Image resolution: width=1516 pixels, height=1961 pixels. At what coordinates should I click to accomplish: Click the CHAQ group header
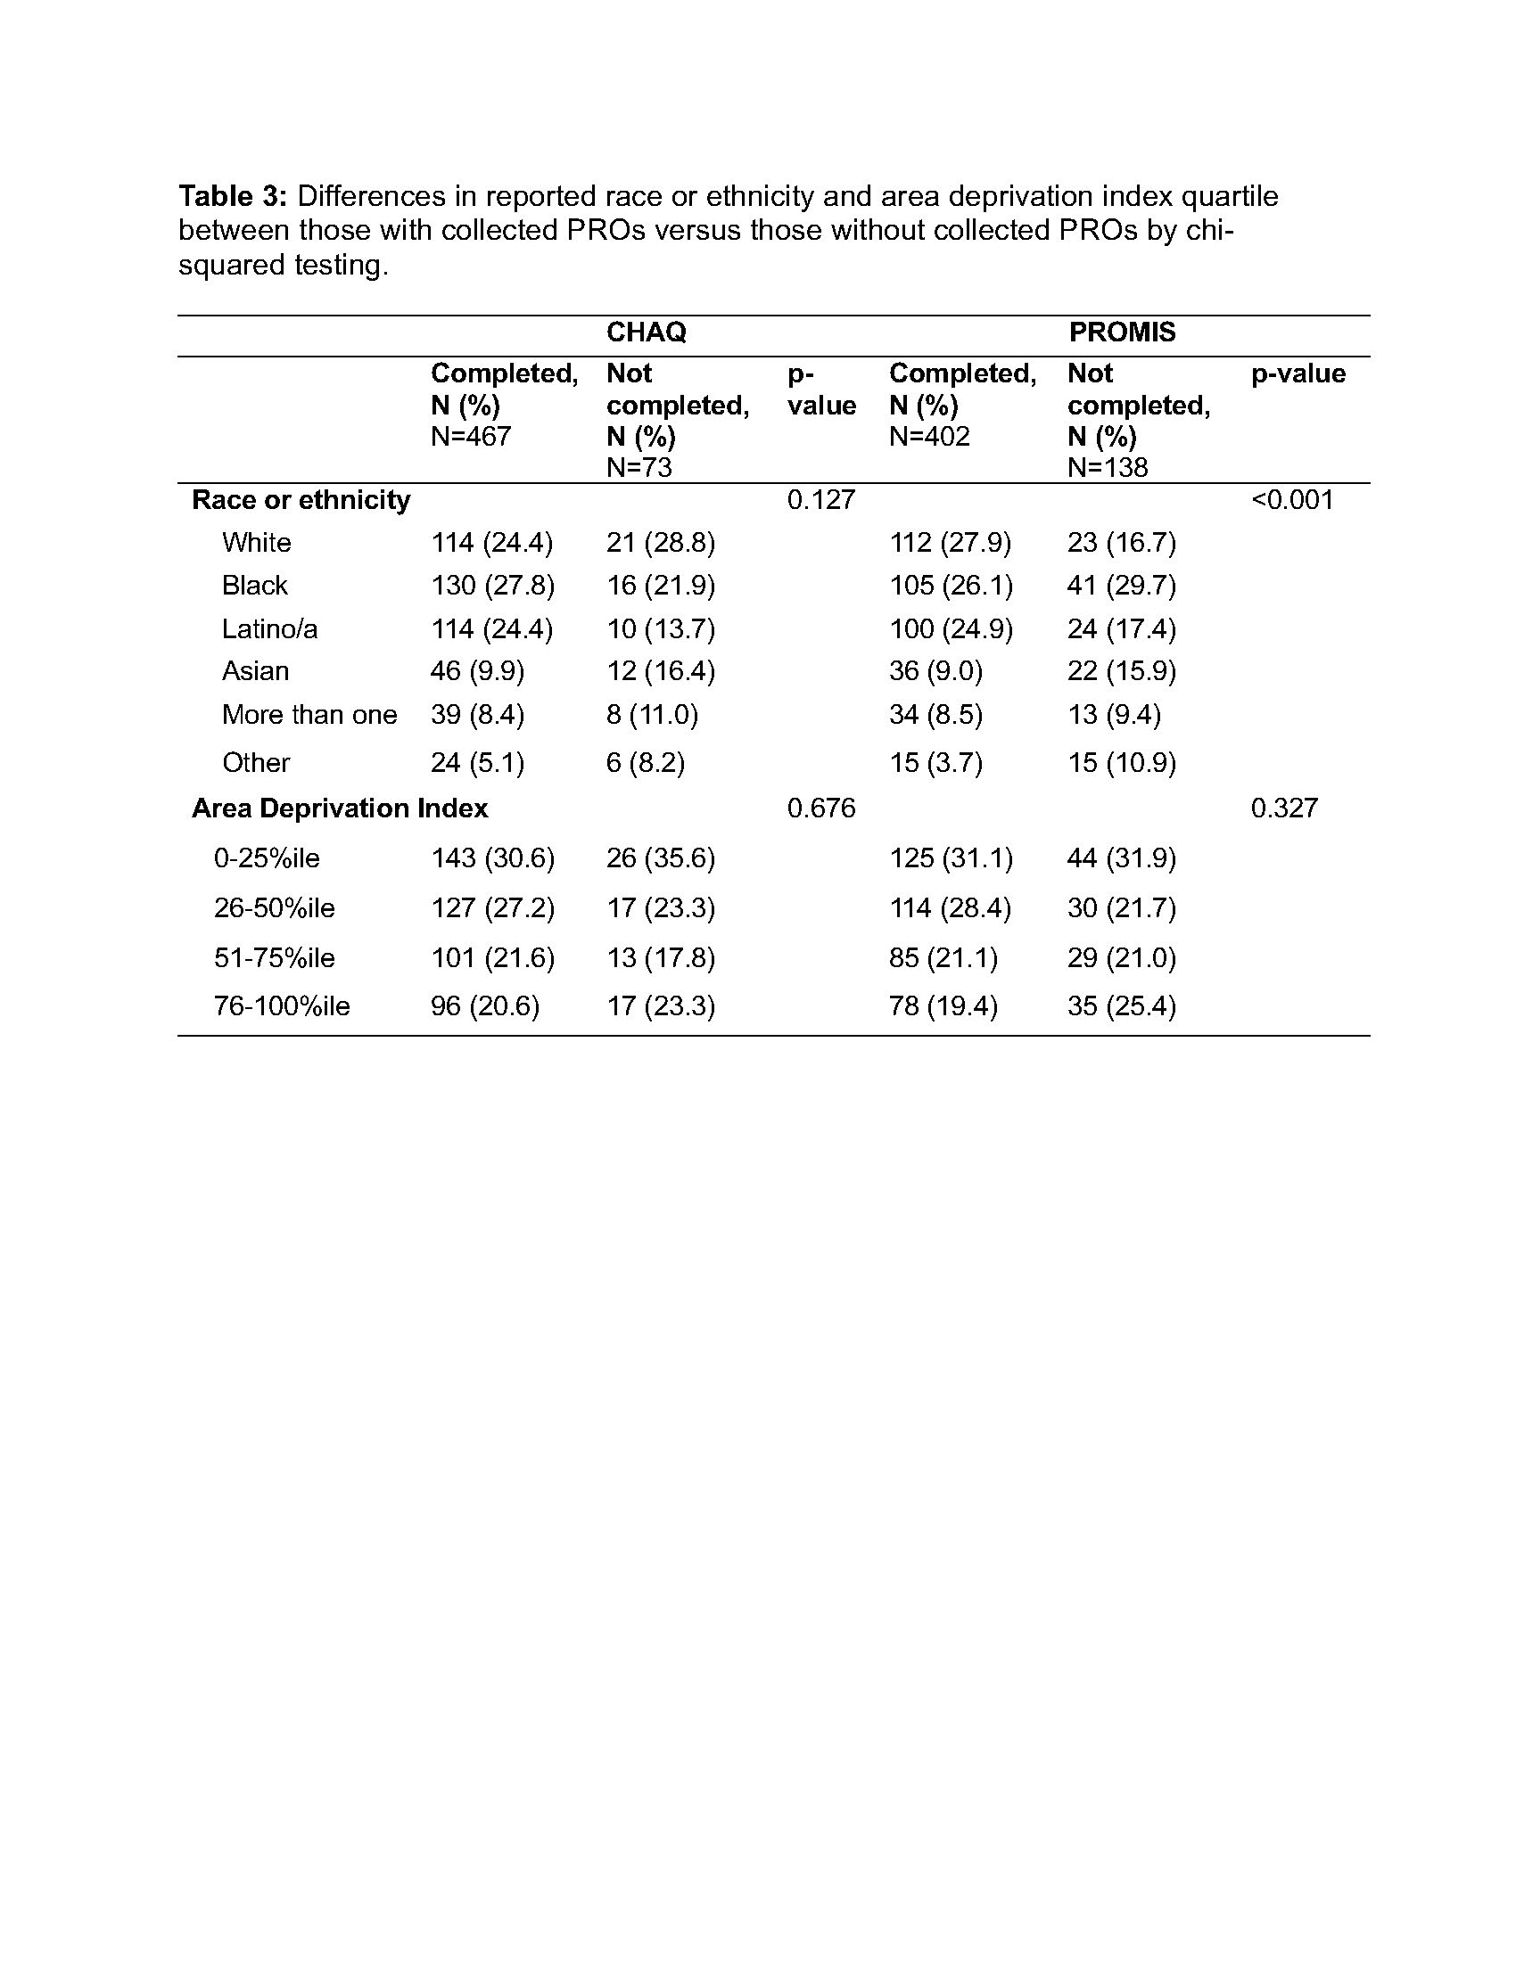click(646, 332)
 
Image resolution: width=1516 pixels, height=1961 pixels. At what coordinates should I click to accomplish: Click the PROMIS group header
click(1122, 332)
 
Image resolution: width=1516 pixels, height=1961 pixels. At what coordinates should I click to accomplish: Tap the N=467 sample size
click(471, 437)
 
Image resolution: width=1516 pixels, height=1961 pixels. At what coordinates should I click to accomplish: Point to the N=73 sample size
click(639, 468)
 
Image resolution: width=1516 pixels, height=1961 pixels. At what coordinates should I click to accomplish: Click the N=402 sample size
click(929, 437)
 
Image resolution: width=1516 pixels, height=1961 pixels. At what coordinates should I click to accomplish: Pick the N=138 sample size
click(1108, 468)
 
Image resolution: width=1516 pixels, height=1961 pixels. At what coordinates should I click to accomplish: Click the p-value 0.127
click(820, 500)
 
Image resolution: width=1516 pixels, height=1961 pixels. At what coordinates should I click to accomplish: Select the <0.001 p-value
click(1292, 500)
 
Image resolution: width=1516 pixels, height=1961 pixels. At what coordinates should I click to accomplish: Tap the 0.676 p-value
click(820, 808)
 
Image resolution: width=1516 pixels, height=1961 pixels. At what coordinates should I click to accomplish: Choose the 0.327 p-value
click(1284, 808)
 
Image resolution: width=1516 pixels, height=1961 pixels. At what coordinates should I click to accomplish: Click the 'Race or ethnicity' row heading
click(301, 500)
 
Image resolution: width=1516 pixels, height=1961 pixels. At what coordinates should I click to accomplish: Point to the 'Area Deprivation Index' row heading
click(340, 808)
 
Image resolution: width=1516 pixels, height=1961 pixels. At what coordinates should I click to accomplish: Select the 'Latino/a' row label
click(269, 629)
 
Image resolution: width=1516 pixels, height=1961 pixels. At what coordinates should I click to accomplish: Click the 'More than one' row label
click(309, 715)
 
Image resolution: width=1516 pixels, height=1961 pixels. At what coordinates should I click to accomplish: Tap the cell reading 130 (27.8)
click(492, 586)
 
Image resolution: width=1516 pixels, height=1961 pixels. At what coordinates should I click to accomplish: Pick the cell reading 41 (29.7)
click(1121, 586)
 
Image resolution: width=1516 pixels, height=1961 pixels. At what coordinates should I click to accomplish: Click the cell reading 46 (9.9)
click(477, 671)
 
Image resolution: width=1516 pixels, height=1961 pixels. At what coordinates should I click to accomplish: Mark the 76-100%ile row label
click(281, 1005)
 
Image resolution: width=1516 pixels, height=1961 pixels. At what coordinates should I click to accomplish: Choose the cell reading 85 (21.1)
click(943, 958)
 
